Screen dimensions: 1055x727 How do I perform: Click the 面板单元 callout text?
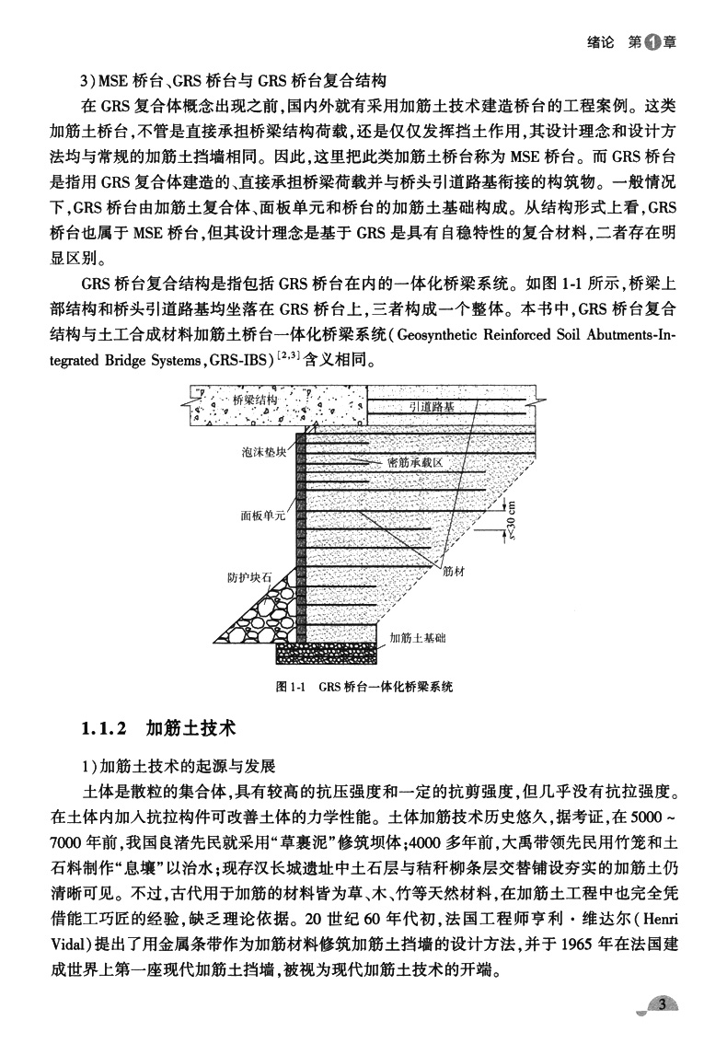[262, 516]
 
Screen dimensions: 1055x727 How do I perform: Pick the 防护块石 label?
[249, 578]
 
